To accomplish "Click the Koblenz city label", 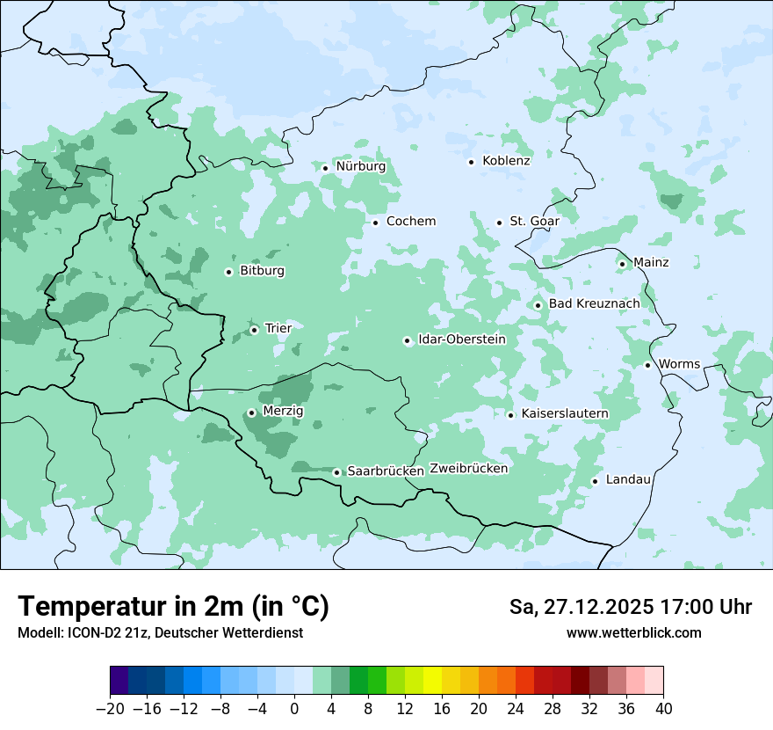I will point(506,161).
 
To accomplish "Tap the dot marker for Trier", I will point(254,330).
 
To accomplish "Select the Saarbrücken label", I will point(386,471).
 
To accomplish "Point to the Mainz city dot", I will point(622,264).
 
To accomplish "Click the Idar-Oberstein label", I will point(462,339).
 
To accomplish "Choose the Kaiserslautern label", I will point(565,413).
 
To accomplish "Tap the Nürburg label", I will point(360,166).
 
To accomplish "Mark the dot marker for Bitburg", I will point(228,272).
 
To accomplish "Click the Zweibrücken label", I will point(468,469).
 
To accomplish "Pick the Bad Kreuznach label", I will point(595,304).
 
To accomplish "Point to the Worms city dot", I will point(647,365).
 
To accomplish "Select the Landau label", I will point(628,479).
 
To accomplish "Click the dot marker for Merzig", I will point(251,412).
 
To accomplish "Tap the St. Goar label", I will point(534,222).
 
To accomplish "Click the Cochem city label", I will point(411,222).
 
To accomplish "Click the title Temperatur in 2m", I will point(173,607).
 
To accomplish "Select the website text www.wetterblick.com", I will point(633,632).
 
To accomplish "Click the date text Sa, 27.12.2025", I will point(581,607).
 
